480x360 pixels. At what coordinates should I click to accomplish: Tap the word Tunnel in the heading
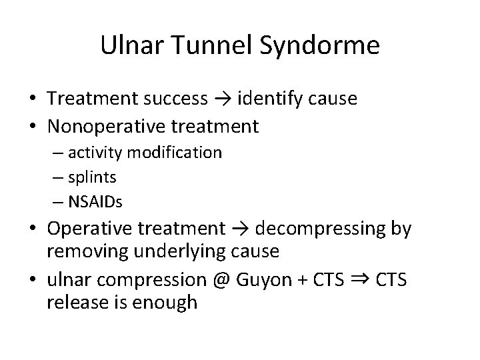pos(205,45)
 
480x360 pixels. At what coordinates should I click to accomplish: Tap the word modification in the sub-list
pos(176,153)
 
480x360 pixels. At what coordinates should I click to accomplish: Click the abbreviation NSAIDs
pos(99,201)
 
